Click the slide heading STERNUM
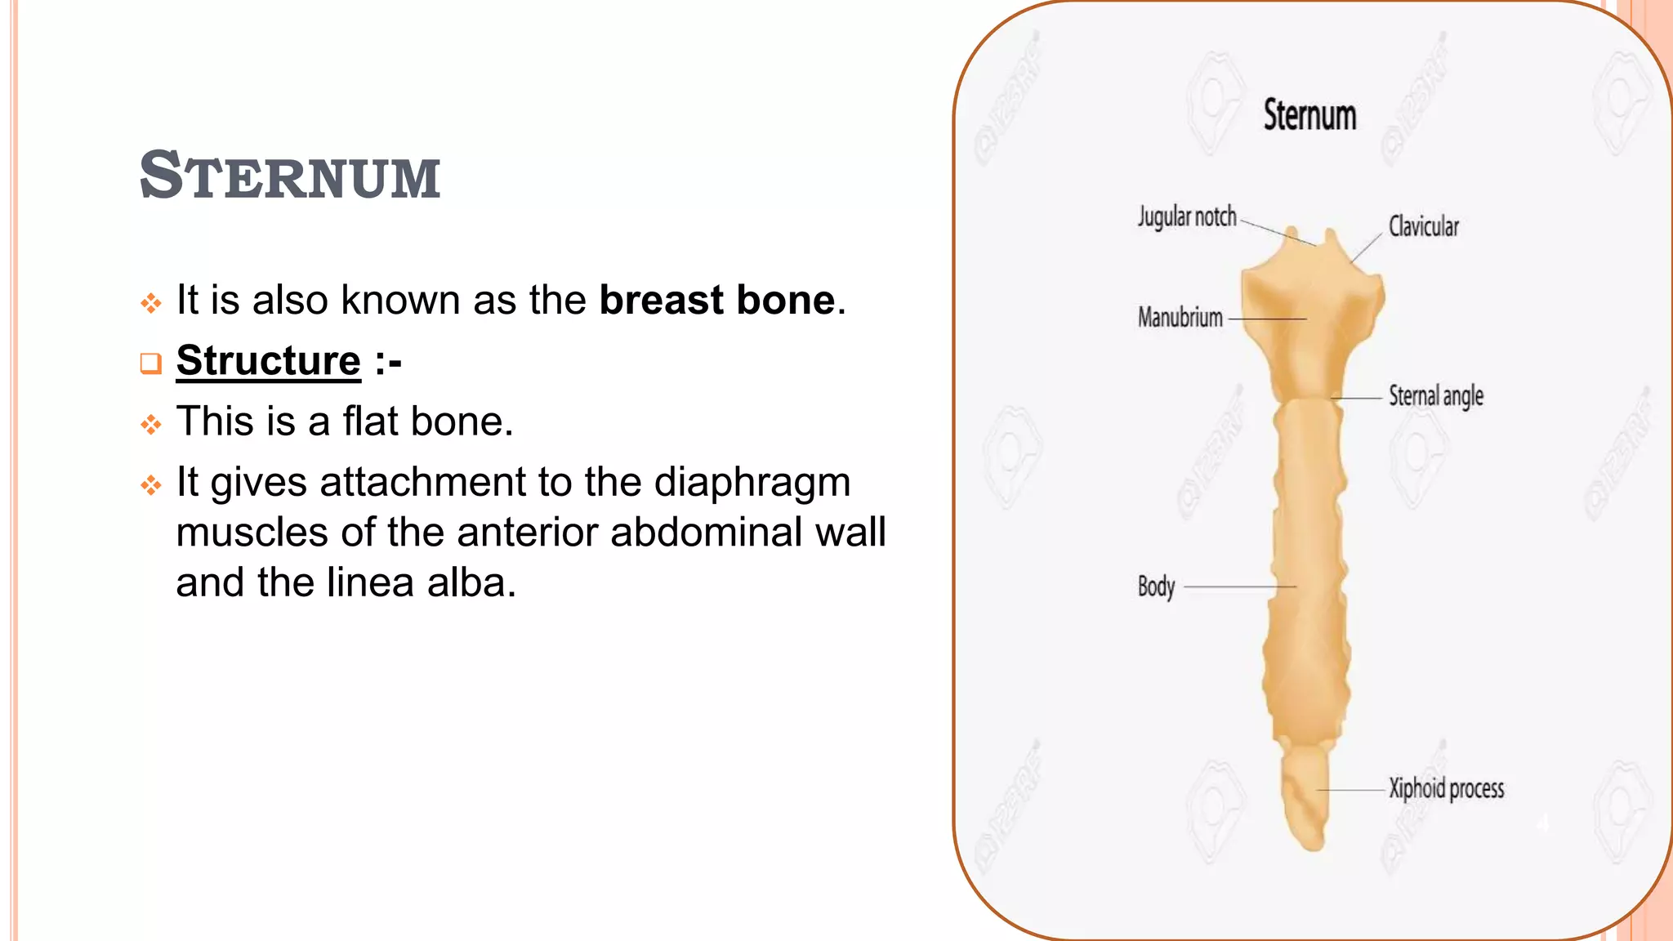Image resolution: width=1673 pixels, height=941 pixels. coord(290,176)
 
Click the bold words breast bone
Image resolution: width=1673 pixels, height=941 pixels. coord(717,300)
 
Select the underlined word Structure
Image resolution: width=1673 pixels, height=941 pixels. coord(268,360)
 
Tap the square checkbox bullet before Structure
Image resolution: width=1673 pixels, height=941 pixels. coord(150,363)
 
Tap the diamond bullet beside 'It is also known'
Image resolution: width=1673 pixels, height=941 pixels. coord(150,304)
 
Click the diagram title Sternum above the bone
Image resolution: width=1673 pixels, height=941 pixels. coord(1309,115)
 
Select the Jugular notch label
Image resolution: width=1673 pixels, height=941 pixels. coord(1187,217)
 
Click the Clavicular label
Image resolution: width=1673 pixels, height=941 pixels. coord(1423,226)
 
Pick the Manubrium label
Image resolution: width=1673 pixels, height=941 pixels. coord(1180,317)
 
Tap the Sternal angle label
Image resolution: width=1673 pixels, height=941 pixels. coord(1435,396)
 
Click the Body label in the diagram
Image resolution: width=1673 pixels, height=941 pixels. coord(1156,586)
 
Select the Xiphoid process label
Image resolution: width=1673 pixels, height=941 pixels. coord(1446,788)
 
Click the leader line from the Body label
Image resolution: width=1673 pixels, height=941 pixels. coord(1238,586)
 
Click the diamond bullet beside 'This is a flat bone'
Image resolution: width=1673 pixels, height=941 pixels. coord(150,425)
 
